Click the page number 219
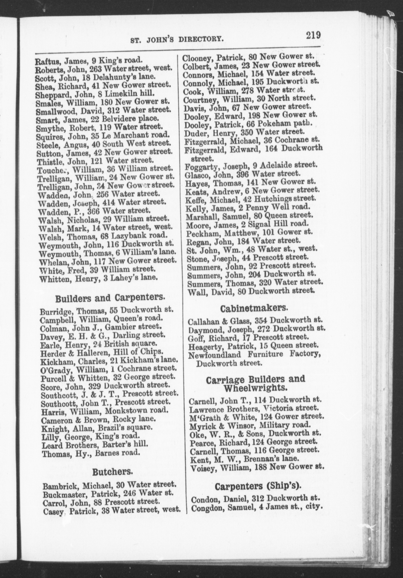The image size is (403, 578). (x=313, y=35)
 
